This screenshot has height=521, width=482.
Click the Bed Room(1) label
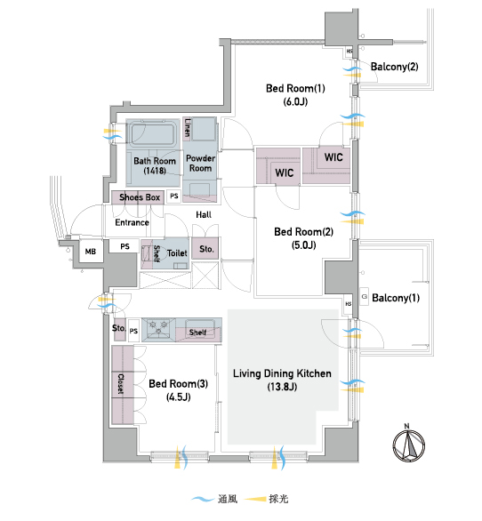point(295,88)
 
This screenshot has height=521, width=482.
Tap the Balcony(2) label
point(395,67)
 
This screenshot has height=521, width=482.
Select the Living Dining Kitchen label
point(282,373)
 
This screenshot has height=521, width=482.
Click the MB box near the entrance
point(91,252)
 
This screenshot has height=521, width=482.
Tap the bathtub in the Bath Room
point(153,133)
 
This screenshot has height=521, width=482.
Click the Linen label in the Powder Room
point(188,128)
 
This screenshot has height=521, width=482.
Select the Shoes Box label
point(140,197)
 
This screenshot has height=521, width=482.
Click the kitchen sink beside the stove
point(199,325)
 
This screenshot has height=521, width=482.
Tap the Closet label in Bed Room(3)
point(121,384)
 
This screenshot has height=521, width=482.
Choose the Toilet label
point(177,253)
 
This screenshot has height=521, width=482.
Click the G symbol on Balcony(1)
point(365,297)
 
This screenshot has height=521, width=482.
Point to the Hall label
point(204,215)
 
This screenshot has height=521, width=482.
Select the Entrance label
point(132,222)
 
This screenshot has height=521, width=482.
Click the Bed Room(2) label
point(303,232)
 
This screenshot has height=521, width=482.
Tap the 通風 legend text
point(228,499)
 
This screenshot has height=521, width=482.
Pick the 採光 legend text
point(278,499)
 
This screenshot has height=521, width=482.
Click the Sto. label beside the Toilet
point(206,249)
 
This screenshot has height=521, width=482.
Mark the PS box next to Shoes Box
point(173,196)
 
